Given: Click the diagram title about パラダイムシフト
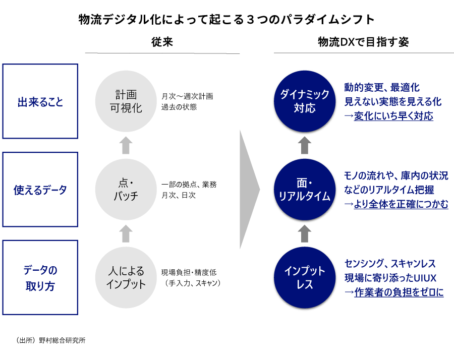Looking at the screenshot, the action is coord(226,19).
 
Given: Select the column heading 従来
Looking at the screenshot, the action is coord(162,42).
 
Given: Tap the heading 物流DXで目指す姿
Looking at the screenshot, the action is coord(363,42).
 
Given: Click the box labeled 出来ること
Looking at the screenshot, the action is coord(40,101).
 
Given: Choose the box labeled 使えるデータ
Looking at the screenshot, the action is coord(40,190).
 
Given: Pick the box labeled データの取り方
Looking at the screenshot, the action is coord(40,277).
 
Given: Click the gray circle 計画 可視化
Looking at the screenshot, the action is coord(126,101).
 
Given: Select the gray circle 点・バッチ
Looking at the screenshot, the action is coord(126,190).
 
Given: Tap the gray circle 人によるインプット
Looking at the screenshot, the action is coord(126,277).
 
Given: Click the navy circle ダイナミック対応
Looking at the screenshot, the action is coord(305,101).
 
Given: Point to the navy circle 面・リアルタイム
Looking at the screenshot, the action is coord(305,190).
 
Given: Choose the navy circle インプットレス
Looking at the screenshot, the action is coord(305,277).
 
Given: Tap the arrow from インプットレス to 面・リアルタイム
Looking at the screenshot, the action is coord(305,233).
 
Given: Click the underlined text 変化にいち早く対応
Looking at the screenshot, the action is coord(393,116).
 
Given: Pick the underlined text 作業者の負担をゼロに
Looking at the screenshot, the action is coord(399,292).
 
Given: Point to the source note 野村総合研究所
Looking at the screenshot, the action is coord(62,340).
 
